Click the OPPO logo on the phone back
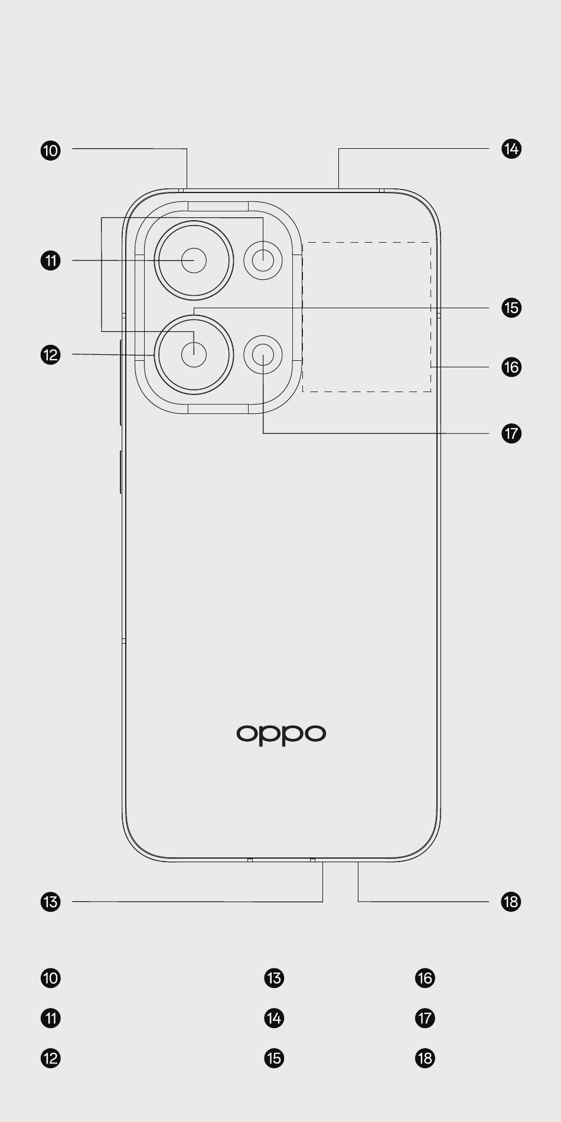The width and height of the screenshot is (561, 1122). point(281,734)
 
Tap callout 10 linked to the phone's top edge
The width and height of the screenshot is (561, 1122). point(51,150)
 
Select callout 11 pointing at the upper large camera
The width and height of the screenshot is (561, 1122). point(51,260)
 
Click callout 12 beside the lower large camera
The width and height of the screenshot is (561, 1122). point(51,355)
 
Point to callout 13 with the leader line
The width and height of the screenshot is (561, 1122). point(51,902)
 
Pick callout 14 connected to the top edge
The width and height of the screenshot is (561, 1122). point(511,149)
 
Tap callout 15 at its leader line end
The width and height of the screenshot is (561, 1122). point(511,308)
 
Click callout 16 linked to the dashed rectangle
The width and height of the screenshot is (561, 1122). point(511,367)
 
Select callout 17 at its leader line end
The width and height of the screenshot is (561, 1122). point(511,433)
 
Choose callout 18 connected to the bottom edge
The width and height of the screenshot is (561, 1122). point(511,902)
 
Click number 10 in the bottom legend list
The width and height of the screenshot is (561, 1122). point(51,978)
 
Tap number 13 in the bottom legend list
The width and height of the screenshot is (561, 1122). point(274,978)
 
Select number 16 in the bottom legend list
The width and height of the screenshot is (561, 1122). point(425,978)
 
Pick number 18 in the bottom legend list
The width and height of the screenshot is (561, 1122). point(425,1058)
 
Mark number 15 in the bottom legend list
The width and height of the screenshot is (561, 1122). point(274,1058)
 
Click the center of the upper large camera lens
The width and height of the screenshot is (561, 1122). point(194,260)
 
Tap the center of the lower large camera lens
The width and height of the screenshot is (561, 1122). point(194,354)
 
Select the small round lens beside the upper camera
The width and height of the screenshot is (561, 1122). point(263,260)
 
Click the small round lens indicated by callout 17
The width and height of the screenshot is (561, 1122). point(263,354)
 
